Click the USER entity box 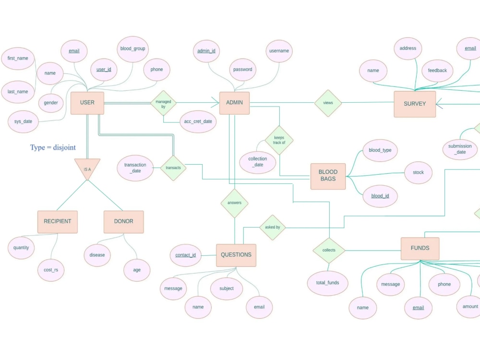pos(87,103)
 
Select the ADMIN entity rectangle pos(234,103)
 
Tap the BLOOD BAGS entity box pos(328,176)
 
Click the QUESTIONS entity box pos(236,255)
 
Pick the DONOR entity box pos(123,222)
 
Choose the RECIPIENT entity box pos(57,222)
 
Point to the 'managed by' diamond pos(163,104)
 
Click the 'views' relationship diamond pos(328,103)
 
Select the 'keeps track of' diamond pos(279,140)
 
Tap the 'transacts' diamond pos(173,168)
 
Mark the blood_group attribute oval pos(132,49)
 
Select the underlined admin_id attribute pos(206,51)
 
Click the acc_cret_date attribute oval pos(198,122)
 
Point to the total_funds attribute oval pos(327,283)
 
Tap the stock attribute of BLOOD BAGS pos(418,172)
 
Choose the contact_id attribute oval pos(185,255)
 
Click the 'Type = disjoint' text pos(53,147)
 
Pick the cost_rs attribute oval pos(50,270)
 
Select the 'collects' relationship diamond pos(329,251)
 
